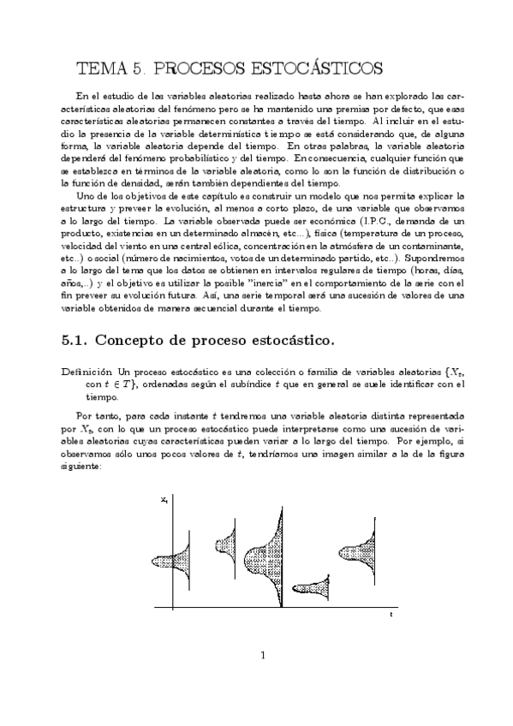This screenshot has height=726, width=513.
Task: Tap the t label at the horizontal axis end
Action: tap(391, 615)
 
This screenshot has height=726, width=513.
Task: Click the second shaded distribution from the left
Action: tap(225, 542)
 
